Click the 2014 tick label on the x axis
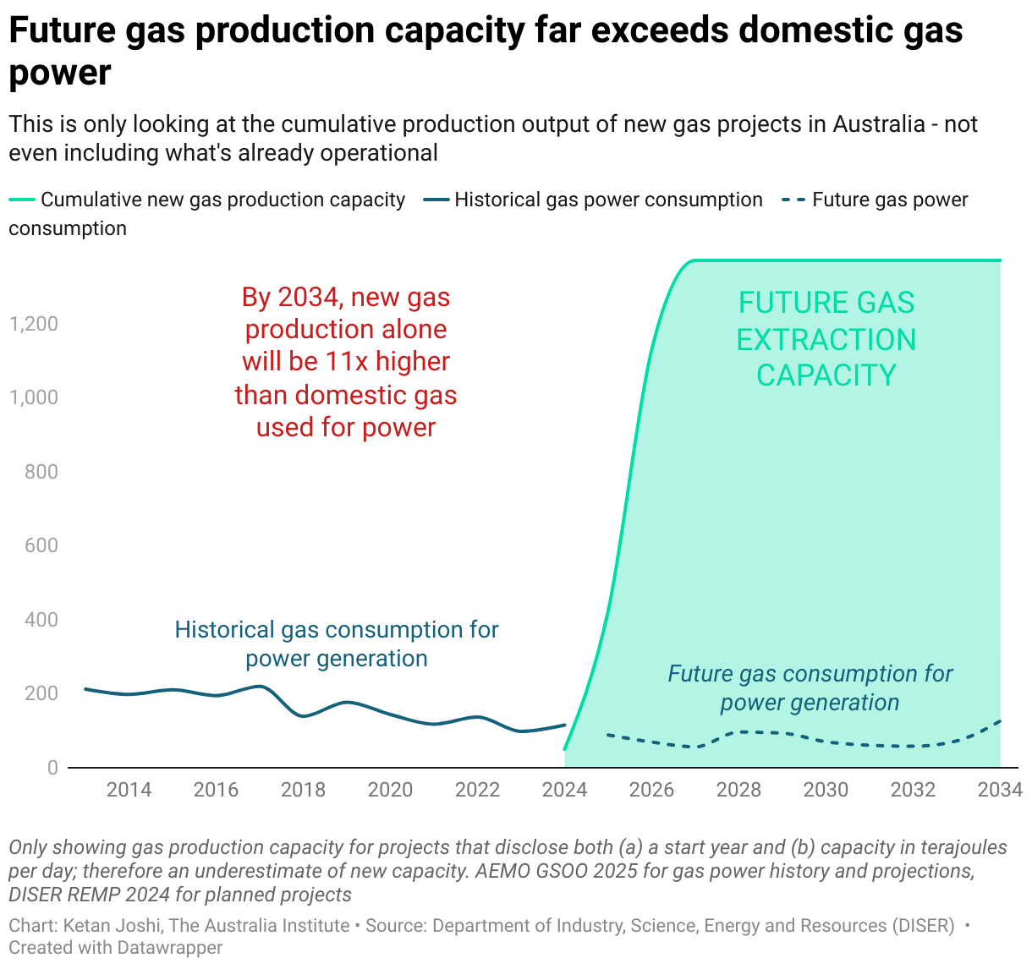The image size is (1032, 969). tap(129, 790)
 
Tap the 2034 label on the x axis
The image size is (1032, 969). tap(1000, 790)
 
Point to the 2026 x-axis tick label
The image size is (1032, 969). tap(651, 790)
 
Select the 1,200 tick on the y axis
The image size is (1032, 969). tap(34, 324)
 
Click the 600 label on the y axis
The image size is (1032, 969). tap(41, 545)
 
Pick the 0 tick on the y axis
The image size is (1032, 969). tap(52, 768)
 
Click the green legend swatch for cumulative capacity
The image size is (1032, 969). tap(22, 200)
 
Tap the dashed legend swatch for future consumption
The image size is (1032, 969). tap(793, 200)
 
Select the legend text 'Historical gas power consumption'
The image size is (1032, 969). tap(608, 200)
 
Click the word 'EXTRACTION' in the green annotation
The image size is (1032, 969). tap(826, 340)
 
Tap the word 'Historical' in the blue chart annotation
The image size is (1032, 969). tap(224, 630)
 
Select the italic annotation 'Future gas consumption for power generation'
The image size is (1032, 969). tap(810, 688)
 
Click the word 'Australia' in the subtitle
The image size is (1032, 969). tap(879, 124)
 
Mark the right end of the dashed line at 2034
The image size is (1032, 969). tap(1001, 721)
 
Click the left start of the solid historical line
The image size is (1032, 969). tap(85, 689)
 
